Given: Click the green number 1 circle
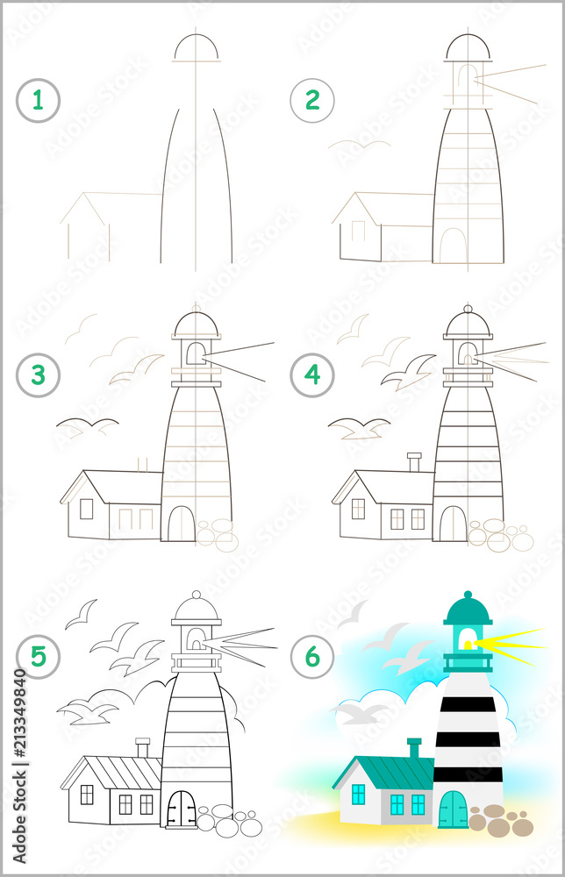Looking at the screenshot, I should pos(38,100).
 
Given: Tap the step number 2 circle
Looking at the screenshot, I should pos(312,100).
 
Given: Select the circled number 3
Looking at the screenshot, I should pos(38,375).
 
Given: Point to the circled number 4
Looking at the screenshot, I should pos(312,375).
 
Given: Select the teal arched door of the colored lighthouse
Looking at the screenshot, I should pos(454,809).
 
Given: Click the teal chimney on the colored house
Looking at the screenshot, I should pos(414,748).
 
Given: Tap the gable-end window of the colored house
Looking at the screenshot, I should pos(358,795).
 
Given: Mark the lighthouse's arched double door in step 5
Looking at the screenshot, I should pos(182,809).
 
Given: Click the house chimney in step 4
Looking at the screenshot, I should pos(414,462).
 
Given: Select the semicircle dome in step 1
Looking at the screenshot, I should pos(196,48).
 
